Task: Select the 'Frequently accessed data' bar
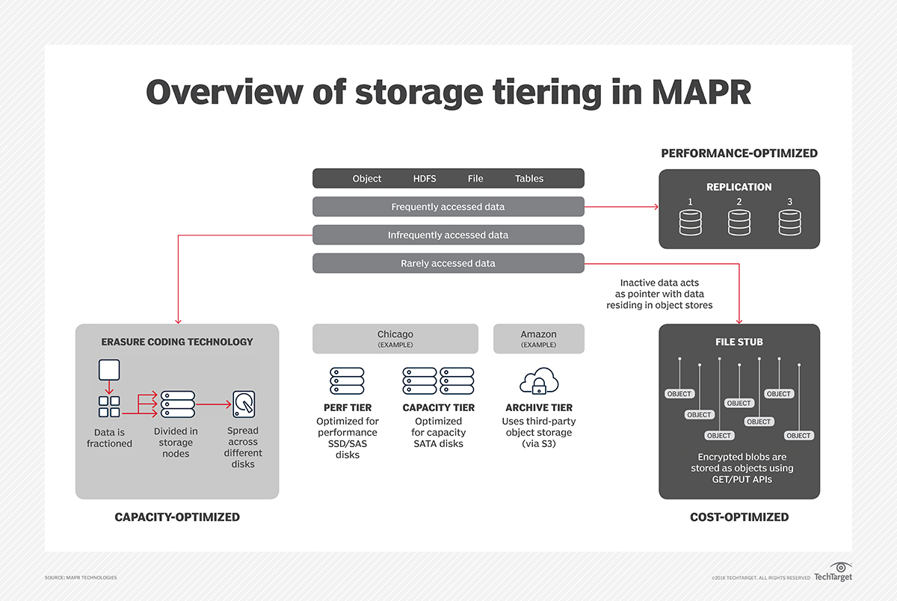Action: tap(448, 207)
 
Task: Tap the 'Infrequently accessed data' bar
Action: tap(448, 235)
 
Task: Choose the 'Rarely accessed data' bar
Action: tap(448, 263)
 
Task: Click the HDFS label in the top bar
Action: tap(425, 179)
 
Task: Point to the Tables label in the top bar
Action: tap(529, 179)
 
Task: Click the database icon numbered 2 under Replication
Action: tap(739, 222)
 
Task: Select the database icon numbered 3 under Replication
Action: tap(789, 222)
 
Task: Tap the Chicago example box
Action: tap(395, 339)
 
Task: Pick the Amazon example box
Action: tap(538, 339)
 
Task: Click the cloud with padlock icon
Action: tap(538, 381)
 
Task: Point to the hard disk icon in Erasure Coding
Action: tap(243, 404)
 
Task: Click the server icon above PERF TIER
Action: tap(347, 381)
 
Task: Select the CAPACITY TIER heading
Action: tap(438, 408)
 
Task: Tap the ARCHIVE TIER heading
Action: tap(539, 408)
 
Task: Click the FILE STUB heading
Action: tap(739, 342)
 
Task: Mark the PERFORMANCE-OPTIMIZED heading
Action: tap(739, 153)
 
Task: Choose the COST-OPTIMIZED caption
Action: tap(739, 517)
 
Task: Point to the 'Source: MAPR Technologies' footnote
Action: tap(81, 578)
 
